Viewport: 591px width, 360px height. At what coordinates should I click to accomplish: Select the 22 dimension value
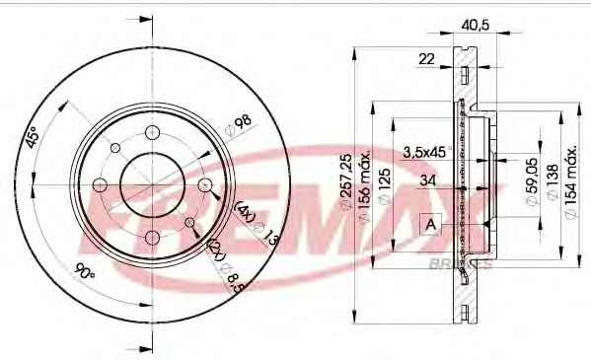point(426,60)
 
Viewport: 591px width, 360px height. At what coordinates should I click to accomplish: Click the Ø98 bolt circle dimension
point(238,123)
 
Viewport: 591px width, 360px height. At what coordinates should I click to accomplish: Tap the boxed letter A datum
point(431,225)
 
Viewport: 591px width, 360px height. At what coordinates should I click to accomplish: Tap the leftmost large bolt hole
point(100,184)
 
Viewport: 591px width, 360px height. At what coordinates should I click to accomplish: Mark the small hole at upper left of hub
point(115,149)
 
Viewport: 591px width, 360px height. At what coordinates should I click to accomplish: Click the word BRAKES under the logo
point(455,264)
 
